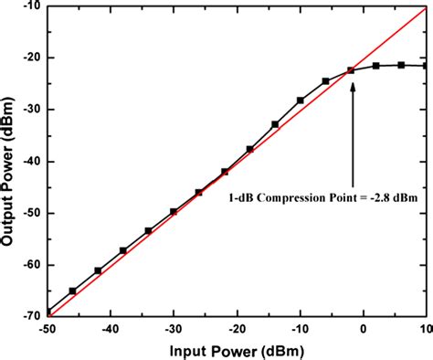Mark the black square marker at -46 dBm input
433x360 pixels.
click(73, 291)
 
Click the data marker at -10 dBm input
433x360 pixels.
click(301, 100)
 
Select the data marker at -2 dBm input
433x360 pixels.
click(351, 70)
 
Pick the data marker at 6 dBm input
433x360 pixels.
click(401, 65)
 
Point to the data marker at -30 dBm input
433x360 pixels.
click(174, 212)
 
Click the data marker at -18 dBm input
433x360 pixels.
click(249, 149)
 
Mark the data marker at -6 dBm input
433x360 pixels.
click(325, 81)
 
